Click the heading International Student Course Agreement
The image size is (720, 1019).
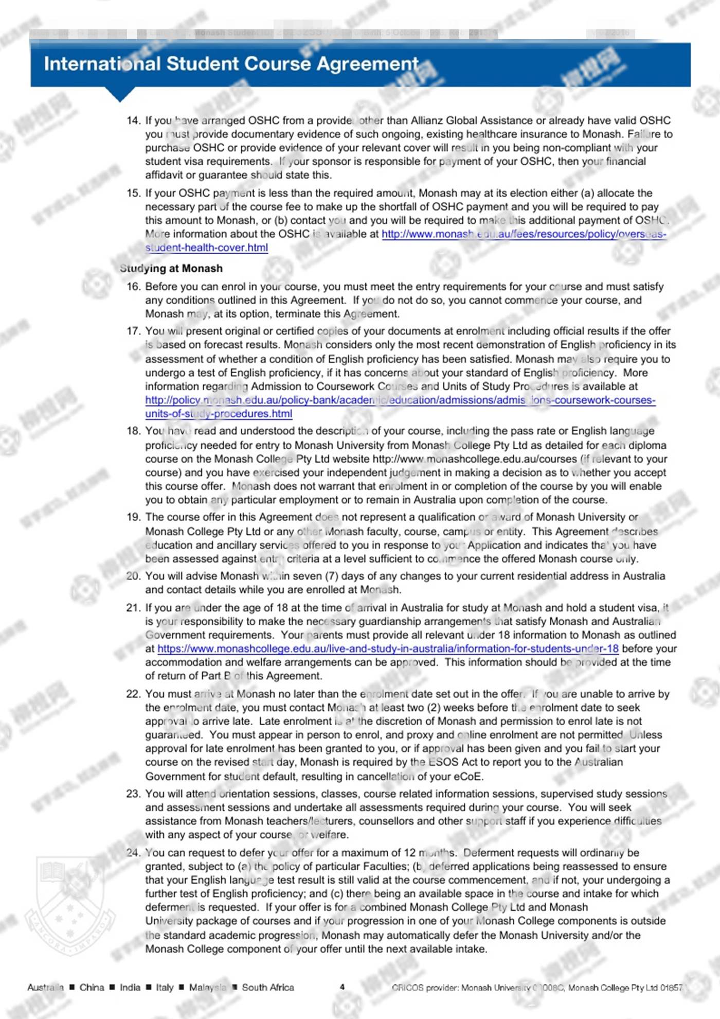click(x=231, y=64)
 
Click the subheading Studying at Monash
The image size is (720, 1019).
click(x=171, y=268)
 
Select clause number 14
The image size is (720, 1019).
click(x=133, y=120)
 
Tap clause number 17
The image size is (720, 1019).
click(x=133, y=331)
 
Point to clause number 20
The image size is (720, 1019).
click(x=133, y=576)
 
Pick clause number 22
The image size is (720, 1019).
click(x=133, y=694)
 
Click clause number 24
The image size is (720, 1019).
click(x=133, y=853)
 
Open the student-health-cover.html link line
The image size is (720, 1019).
click(x=206, y=248)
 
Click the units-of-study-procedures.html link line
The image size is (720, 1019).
click(x=219, y=414)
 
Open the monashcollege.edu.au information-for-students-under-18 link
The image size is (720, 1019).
click(x=388, y=648)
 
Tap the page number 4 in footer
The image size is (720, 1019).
click(x=342, y=987)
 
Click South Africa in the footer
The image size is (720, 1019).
click(x=268, y=987)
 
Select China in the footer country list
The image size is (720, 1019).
click(x=92, y=987)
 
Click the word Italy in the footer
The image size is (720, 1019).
click(x=165, y=987)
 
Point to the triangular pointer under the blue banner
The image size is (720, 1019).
click(x=119, y=94)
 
